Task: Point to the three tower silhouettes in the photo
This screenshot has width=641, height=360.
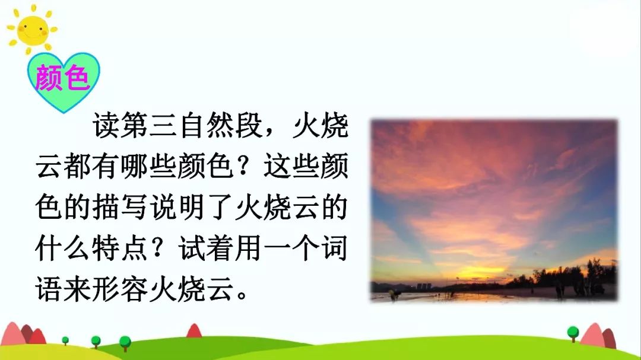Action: (x=423, y=286)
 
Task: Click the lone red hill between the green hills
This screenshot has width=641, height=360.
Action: (x=194, y=331)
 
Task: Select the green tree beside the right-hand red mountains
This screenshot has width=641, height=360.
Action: (x=573, y=332)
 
